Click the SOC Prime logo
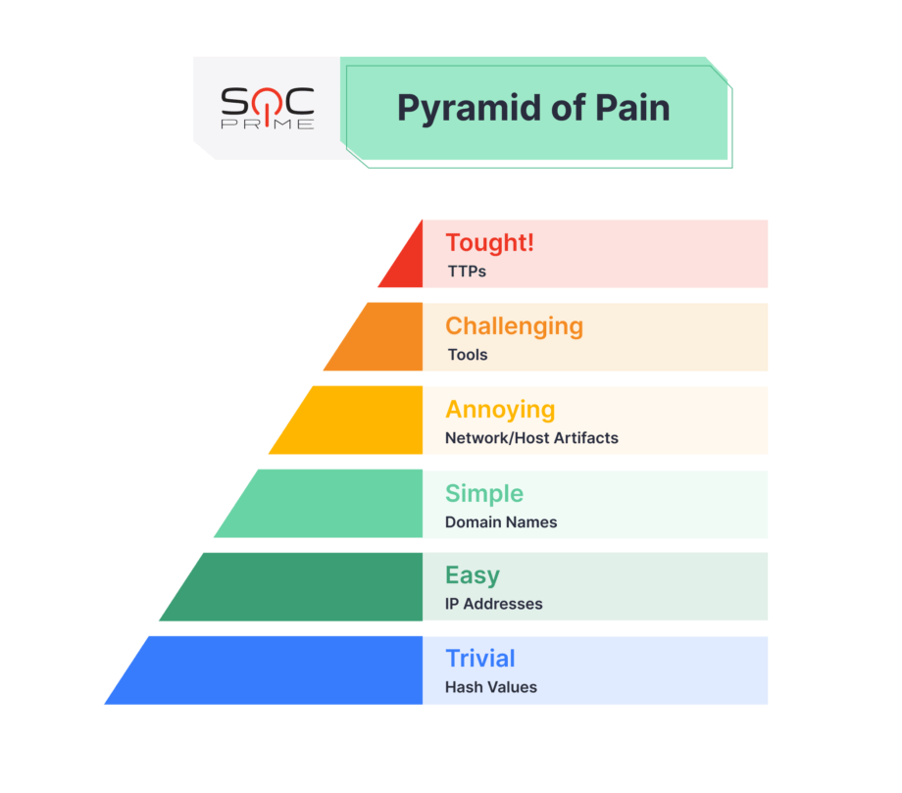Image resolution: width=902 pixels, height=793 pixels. coord(267,108)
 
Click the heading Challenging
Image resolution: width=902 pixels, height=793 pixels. coord(514,325)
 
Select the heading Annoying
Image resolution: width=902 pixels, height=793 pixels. coord(500,409)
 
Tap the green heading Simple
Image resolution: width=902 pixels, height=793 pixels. coord(484,493)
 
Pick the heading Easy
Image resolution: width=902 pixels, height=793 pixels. coord(473,575)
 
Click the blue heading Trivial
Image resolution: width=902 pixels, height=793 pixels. coord(479,658)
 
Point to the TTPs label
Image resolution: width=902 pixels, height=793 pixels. coord(466,271)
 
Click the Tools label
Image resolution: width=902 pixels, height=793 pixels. coord(467,354)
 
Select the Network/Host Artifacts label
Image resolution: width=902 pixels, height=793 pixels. coord(531,437)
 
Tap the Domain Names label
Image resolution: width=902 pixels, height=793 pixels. coord(501,521)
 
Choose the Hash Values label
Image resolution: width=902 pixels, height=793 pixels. coord(491,686)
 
